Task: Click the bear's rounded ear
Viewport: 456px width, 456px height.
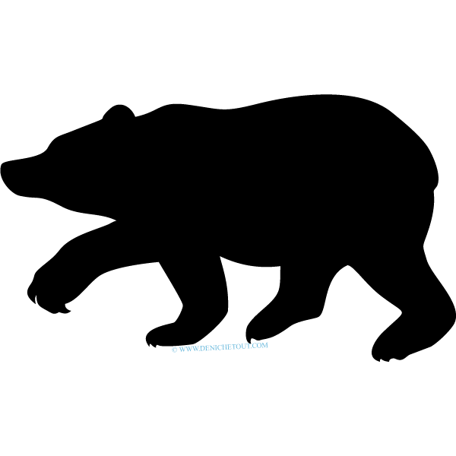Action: pos(119,111)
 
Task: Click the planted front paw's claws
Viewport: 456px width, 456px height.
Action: pos(151,344)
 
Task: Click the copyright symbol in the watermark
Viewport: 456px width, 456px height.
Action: pos(174,350)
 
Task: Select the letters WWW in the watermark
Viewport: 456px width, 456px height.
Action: pos(188,349)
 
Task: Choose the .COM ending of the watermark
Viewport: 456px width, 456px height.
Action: pos(260,345)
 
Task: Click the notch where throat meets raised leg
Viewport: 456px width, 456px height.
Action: pos(116,220)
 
